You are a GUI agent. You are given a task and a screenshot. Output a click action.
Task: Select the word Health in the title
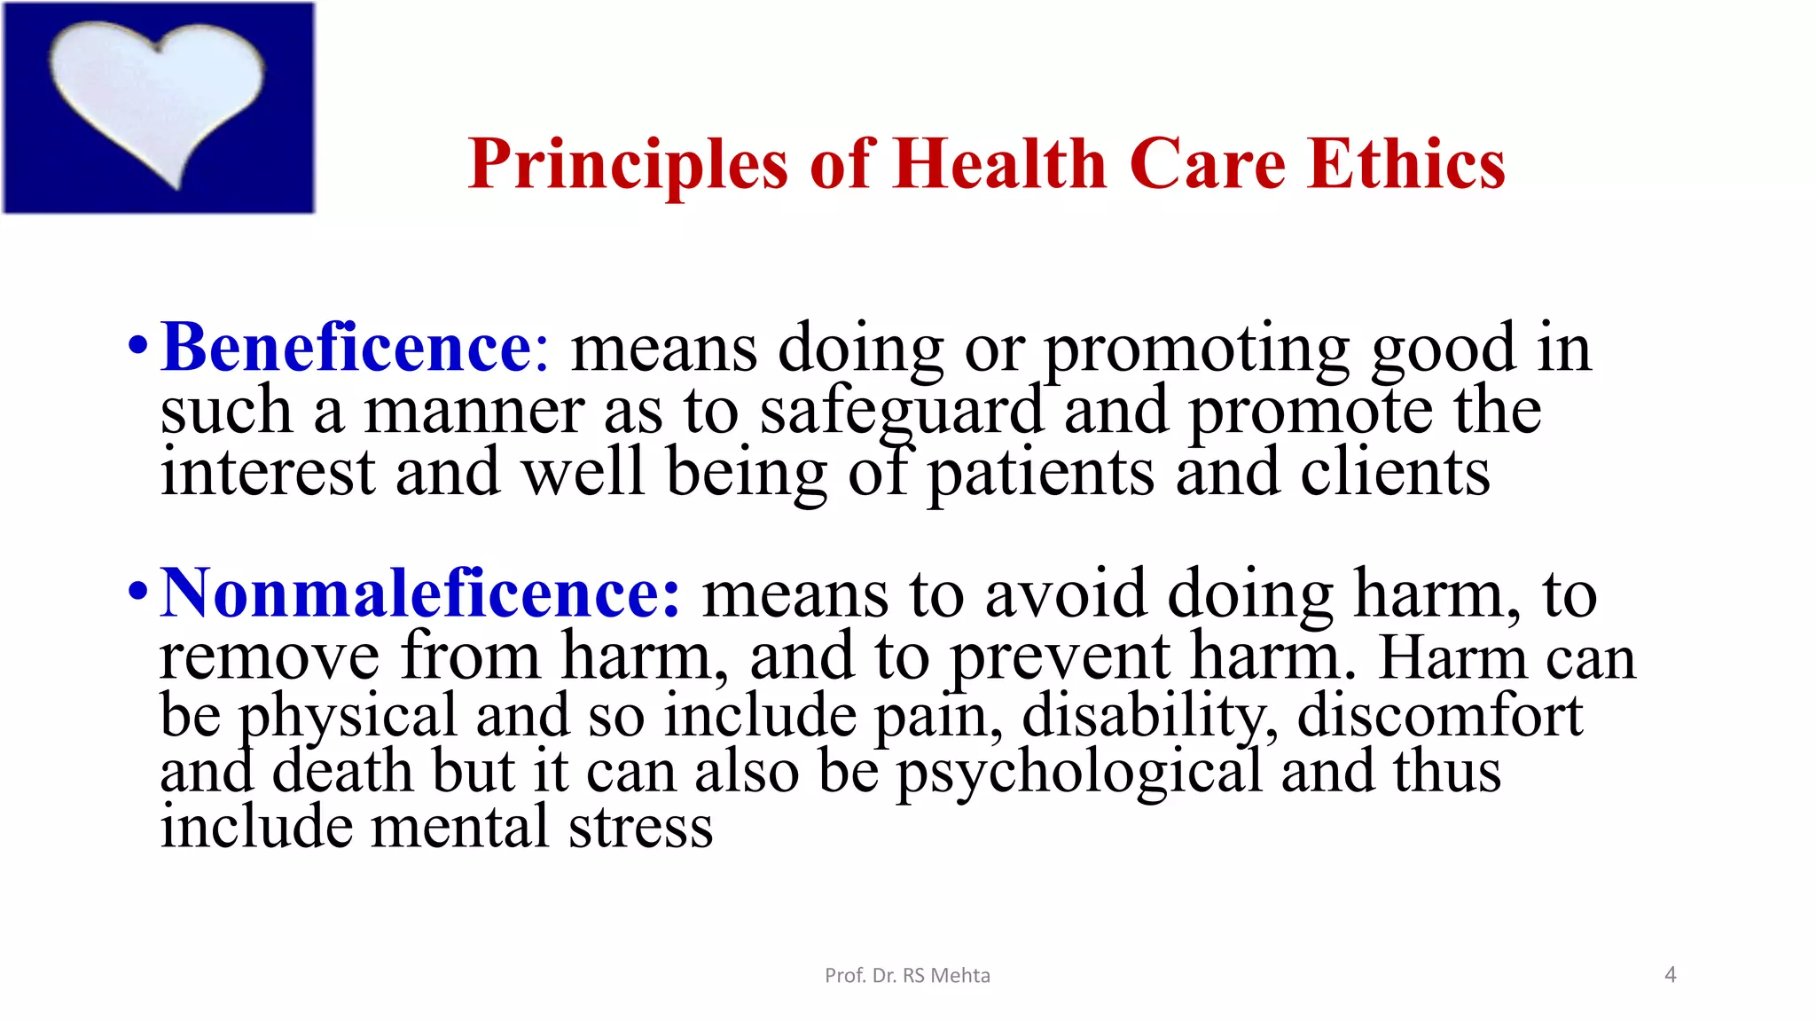(1000, 165)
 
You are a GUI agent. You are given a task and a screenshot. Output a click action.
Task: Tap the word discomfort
(1440, 715)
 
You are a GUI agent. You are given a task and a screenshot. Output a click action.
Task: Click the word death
(342, 771)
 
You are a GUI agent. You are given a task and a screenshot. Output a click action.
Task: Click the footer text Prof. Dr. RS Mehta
(907, 976)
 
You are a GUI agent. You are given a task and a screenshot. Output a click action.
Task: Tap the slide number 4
(1671, 975)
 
